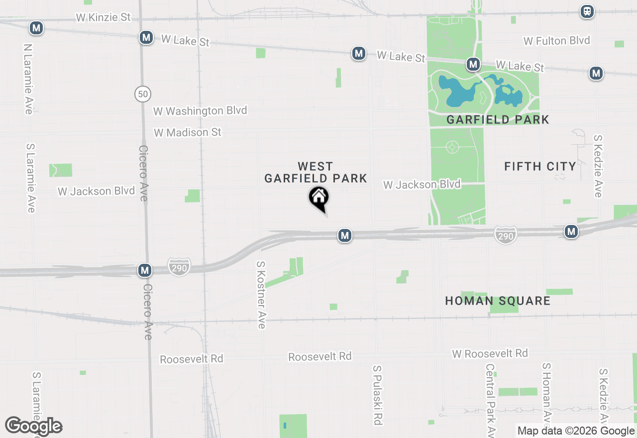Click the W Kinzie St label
pyautogui.click(x=103, y=17)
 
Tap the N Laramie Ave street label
pyautogui.click(x=28, y=79)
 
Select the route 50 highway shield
pyautogui.click(x=142, y=94)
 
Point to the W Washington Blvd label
pyautogui.click(x=200, y=110)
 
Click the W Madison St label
pyautogui.click(x=188, y=132)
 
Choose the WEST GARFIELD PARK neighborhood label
pyautogui.click(x=316, y=172)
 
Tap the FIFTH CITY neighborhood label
pyautogui.click(x=540, y=166)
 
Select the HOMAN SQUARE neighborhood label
pyautogui.click(x=498, y=301)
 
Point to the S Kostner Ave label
pyautogui.click(x=261, y=295)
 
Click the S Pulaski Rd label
pyautogui.click(x=378, y=395)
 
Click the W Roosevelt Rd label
pyautogui.click(x=490, y=353)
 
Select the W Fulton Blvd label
pyautogui.click(x=557, y=41)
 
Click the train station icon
pyautogui.click(x=587, y=11)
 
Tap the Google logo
pyautogui.click(x=34, y=426)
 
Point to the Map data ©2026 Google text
pyautogui.click(x=576, y=431)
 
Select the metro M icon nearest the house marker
pyautogui.click(x=345, y=235)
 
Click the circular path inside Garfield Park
pyautogui.click(x=452, y=147)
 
